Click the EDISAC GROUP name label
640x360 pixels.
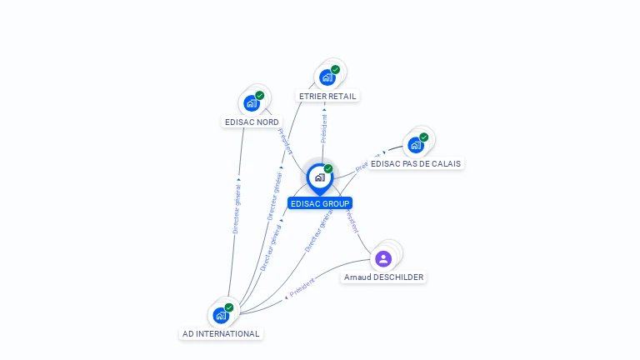tap(320, 203)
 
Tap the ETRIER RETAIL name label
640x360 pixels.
tap(327, 97)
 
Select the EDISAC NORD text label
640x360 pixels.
tap(252, 122)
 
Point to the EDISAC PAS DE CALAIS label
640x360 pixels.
tap(416, 164)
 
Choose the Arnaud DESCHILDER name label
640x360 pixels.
tap(383, 277)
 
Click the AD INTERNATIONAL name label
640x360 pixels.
tap(221, 334)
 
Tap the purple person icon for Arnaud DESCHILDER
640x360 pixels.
tap(383, 258)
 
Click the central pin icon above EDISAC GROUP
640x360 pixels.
tap(319, 177)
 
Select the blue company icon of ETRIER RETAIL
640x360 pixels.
tap(327, 77)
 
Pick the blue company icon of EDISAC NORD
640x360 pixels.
tap(251, 103)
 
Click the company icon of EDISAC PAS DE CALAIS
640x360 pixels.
tap(415, 145)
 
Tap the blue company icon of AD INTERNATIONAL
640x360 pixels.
tap(220, 315)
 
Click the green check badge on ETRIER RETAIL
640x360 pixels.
tap(335, 70)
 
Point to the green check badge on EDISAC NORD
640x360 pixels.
tap(259, 96)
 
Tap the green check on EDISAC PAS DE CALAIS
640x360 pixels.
tap(423, 137)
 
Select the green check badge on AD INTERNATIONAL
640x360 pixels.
tap(228, 307)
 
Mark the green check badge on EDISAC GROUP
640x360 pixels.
tap(328, 169)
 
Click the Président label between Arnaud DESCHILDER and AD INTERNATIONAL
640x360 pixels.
tap(302, 287)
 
